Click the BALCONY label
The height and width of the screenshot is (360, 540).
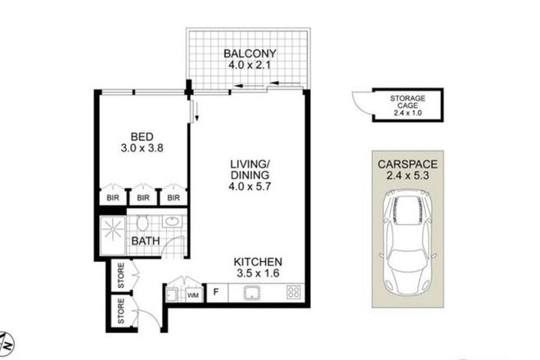pos(250,56)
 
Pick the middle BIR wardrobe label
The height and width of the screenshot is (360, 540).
pos(142,198)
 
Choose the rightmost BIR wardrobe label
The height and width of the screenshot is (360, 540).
pos(172,198)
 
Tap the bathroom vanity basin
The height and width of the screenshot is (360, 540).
pos(172,222)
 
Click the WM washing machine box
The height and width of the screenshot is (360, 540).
pos(193,293)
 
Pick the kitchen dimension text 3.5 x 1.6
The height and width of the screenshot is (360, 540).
pos(260,272)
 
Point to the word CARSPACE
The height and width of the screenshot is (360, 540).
pos(406,162)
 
